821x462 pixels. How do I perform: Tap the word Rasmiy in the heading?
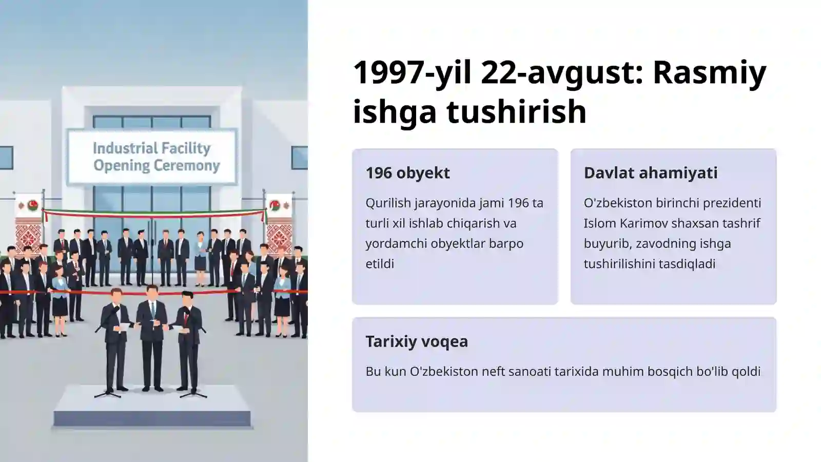click(x=709, y=73)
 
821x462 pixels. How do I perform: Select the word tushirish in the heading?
click(x=516, y=112)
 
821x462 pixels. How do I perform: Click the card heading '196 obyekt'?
click(x=407, y=173)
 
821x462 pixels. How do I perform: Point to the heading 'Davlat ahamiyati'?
click(x=651, y=173)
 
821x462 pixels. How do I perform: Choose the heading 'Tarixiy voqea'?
click(x=417, y=341)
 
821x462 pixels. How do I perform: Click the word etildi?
click(x=380, y=264)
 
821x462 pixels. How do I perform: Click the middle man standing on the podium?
click(x=152, y=334)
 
